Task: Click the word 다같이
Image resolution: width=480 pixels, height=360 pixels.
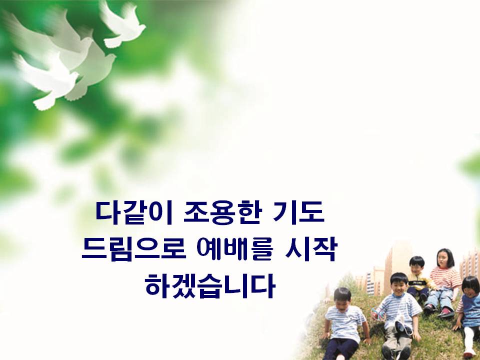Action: pyautogui.click(x=134, y=212)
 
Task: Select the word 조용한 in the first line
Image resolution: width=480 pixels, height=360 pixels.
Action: pyautogui.click(x=223, y=212)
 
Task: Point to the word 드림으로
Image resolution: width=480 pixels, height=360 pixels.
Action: pyautogui.click(x=134, y=249)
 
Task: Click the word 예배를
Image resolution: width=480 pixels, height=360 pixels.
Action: pyautogui.click(x=235, y=249)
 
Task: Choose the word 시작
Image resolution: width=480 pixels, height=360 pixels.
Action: pyautogui.click(x=310, y=249)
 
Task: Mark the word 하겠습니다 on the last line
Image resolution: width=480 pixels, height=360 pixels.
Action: pyautogui.click(x=210, y=286)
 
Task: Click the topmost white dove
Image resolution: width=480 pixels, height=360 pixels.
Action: pyautogui.click(x=122, y=24)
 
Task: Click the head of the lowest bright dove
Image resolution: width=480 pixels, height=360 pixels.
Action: pyautogui.click(x=73, y=76)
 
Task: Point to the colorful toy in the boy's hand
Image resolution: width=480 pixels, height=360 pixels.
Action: pyautogui.click(x=376, y=313)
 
